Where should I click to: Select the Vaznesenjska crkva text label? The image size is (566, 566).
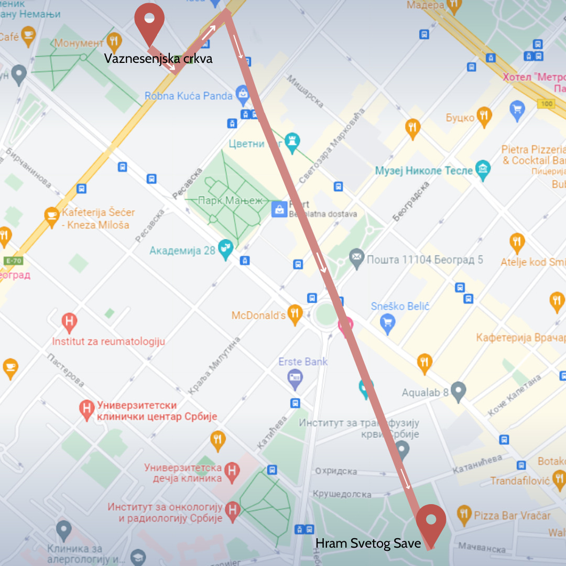158,59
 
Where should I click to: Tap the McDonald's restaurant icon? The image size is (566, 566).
296,313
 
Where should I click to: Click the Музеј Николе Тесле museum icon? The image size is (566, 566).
482,170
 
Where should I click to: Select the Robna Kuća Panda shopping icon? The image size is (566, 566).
242,95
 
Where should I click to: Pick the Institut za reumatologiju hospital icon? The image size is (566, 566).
69,321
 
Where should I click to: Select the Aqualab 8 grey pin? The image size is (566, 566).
458,391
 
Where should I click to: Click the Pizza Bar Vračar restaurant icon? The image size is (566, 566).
464,515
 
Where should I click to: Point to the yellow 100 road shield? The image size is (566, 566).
546,104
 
